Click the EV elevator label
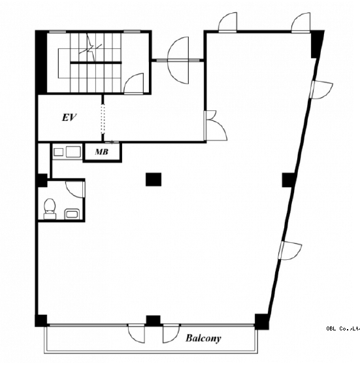(69, 118)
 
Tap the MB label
(102, 152)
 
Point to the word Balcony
(203, 338)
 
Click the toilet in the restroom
(50, 208)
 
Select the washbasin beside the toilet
(73, 214)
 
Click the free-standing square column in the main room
(154, 180)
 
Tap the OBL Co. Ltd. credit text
(343, 328)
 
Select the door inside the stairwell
(134, 84)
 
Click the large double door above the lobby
(178, 60)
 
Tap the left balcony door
(137, 334)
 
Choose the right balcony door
(171, 334)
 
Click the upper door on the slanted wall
(321, 90)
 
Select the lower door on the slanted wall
(290, 251)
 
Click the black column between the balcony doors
(153, 321)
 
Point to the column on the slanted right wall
(288, 180)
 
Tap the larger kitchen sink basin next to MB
(73, 152)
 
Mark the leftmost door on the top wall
(227, 22)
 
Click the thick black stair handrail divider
(96, 63)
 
